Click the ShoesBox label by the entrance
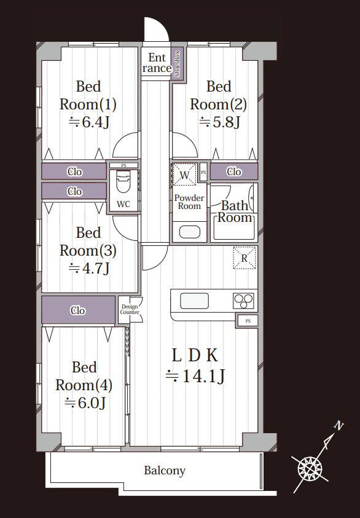click(177, 64)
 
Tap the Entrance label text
click(157, 63)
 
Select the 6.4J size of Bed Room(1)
click(88, 122)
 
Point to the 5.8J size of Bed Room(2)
click(219, 122)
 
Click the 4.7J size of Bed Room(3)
click(88, 269)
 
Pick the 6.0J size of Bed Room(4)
click(85, 402)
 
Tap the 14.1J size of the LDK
click(195, 376)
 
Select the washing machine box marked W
click(184, 174)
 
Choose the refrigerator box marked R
click(245, 257)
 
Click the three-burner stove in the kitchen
click(243, 301)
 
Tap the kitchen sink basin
click(194, 301)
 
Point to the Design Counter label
click(130, 309)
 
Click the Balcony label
click(165, 471)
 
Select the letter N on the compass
click(338, 425)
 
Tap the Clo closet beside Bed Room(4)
click(78, 310)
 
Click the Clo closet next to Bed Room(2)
click(234, 171)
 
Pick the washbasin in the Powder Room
click(190, 232)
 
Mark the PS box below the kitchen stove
click(248, 321)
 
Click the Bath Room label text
click(235, 211)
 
